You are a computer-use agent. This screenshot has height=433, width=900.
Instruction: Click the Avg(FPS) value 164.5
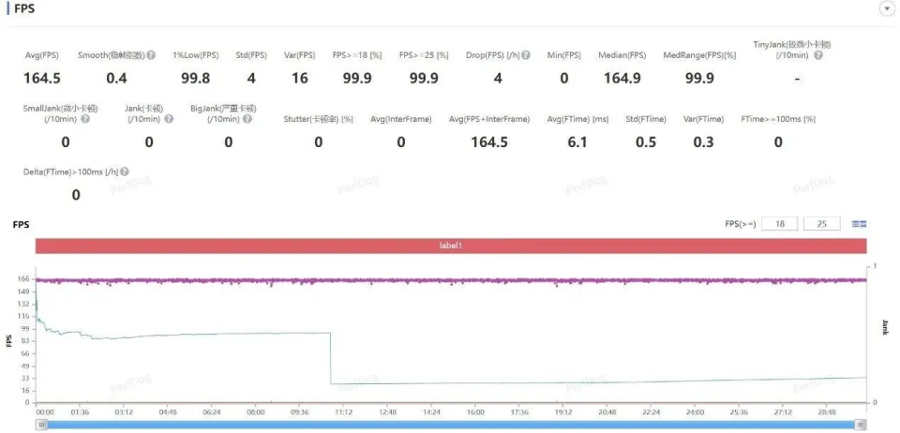(41, 78)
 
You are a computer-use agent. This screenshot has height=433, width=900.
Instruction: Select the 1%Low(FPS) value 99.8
(195, 78)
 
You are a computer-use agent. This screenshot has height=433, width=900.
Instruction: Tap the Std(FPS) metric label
(250, 55)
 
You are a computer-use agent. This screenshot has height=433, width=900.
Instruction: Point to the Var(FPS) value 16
(299, 78)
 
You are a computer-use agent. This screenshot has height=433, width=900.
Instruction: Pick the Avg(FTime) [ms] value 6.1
(577, 142)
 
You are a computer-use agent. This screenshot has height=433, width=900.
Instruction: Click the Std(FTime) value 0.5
(646, 142)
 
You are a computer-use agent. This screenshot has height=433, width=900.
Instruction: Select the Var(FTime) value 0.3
(702, 142)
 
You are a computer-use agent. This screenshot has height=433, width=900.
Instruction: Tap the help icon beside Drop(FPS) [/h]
(525, 55)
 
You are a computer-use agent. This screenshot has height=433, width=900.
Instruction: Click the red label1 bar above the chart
(451, 246)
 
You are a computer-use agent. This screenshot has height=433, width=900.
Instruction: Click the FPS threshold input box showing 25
(821, 224)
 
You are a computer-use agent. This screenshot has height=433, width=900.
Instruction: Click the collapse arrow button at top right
(886, 8)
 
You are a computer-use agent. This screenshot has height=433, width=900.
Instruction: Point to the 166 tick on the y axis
(22, 279)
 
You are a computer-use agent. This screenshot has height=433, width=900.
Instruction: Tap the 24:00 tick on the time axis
(695, 411)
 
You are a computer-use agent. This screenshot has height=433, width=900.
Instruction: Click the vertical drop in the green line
(330, 358)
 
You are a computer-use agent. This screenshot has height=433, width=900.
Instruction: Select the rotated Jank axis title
(884, 327)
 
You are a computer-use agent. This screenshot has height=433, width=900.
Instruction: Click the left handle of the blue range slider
(41, 425)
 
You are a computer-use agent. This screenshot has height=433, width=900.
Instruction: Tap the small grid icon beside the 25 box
(859, 224)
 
